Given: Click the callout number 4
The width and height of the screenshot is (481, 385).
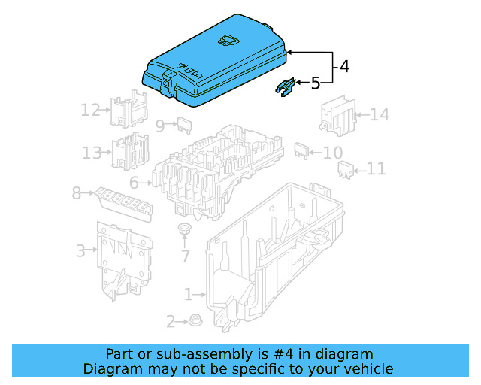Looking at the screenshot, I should pyautogui.click(x=344, y=66).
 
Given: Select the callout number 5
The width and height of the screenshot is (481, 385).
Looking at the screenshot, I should pyautogui.click(x=316, y=83).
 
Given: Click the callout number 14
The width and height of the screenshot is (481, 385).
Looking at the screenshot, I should pyautogui.click(x=380, y=114).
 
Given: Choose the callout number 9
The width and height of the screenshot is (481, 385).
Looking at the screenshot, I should pyautogui.click(x=160, y=125).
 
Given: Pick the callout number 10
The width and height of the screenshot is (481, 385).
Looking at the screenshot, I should pyautogui.click(x=332, y=153).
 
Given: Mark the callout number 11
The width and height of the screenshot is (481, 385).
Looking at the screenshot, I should pyautogui.click(x=375, y=169).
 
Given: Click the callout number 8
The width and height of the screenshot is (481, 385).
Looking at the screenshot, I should pyautogui.click(x=77, y=193).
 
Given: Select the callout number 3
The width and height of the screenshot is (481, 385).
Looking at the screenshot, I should pyautogui.click(x=80, y=250).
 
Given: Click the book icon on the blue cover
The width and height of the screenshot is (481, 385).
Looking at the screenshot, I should pyautogui.click(x=226, y=41).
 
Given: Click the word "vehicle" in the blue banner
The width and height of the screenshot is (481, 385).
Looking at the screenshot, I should pyautogui.click(x=365, y=368).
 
